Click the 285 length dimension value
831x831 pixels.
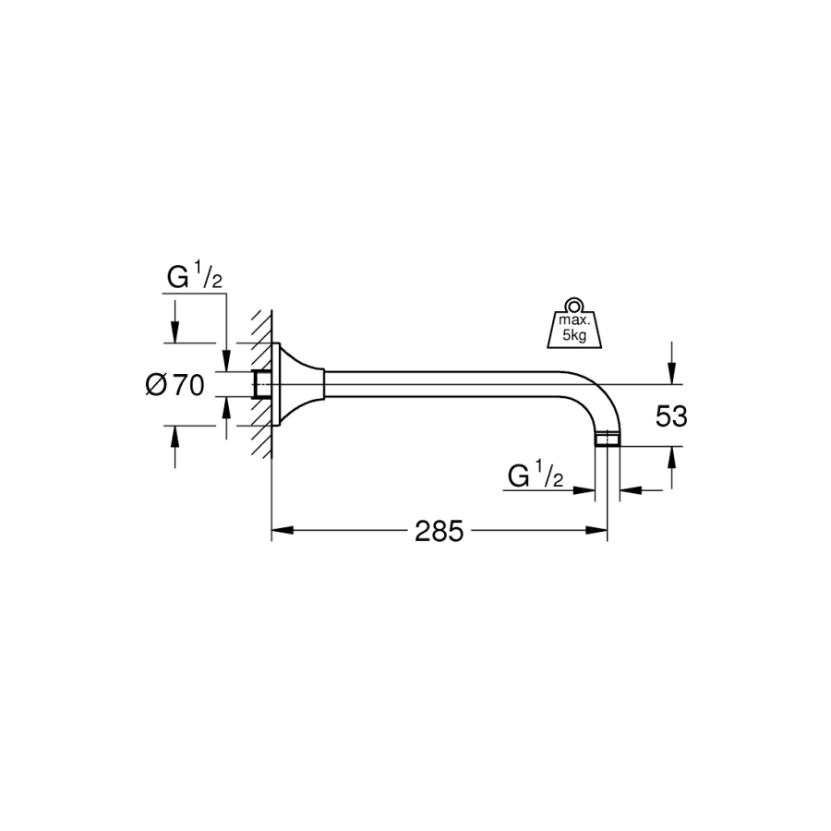439,531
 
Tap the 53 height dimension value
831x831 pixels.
671,416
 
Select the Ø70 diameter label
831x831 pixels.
175,385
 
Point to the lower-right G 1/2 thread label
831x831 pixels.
536,475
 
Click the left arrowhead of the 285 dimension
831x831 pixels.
283,531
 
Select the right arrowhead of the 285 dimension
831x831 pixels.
596,531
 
